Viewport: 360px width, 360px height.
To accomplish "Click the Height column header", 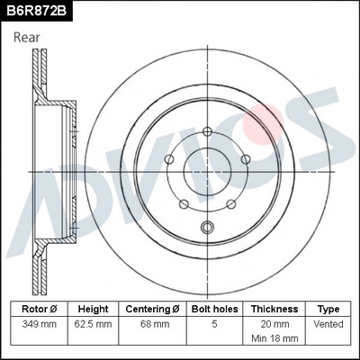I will coord(93,309).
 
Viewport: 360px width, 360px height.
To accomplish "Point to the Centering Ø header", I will coord(154,309).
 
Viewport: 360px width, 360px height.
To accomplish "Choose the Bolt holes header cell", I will coord(213,309).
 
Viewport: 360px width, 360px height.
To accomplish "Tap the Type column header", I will coord(328,309).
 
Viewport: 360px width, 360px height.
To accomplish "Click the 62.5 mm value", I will coord(93,323).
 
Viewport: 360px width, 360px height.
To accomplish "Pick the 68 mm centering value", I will coord(154,323).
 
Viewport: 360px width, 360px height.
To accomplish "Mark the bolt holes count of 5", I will coord(213,323).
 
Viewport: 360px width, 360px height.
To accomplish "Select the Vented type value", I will coord(328,323).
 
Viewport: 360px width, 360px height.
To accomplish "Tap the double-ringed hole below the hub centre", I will coord(208,227).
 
